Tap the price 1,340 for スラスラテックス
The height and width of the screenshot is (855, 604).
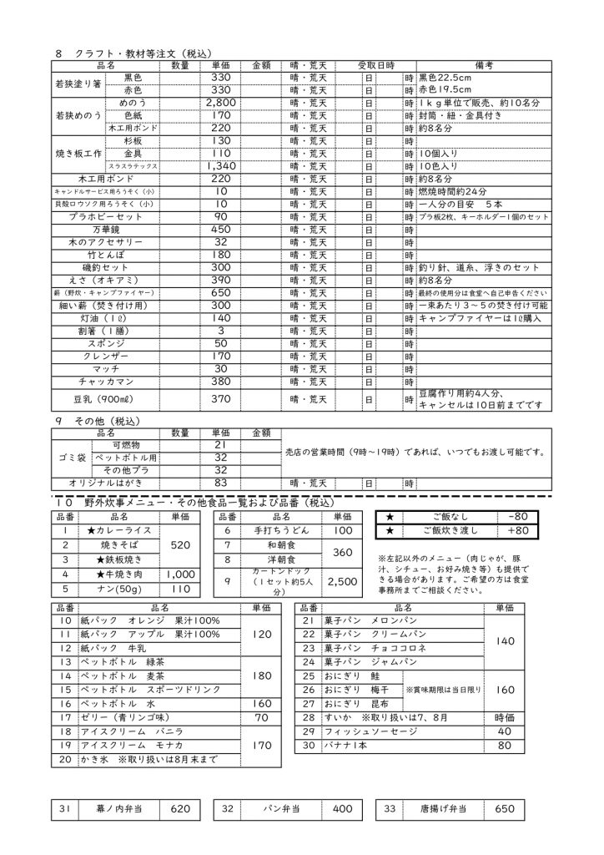pyautogui.click(x=220, y=166)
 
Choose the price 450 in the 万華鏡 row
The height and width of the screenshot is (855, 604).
pyautogui.click(x=220, y=229)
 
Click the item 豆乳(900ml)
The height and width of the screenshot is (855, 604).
pyautogui.click(x=106, y=399)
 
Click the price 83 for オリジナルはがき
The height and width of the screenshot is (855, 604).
pyautogui.click(x=220, y=483)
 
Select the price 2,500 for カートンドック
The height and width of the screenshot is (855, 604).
pyautogui.click(x=341, y=581)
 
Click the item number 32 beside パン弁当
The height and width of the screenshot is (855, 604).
pyautogui.click(x=227, y=809)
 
